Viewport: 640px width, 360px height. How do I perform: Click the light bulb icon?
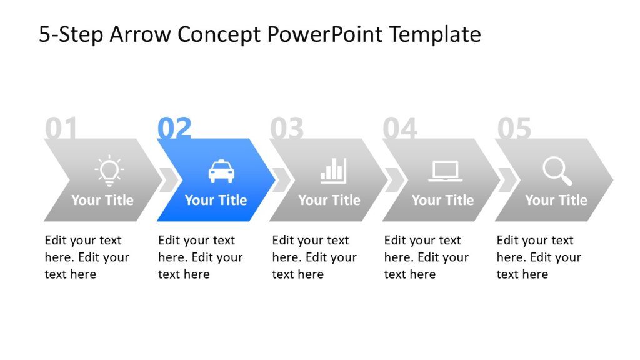tap(109, 170)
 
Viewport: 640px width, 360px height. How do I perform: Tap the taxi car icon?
tap(221, 171)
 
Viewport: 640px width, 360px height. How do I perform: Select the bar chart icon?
tap(333, 170)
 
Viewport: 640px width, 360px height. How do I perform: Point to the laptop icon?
tap(445, 171)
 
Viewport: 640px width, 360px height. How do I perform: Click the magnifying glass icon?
tap(557, 171)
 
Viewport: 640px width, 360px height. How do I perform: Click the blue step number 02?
tap(174, 129)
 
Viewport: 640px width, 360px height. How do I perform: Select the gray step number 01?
tap(61, 129)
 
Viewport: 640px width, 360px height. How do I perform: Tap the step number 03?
tap(287, 129)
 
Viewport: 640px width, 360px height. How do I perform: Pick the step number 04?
tap(400, 129)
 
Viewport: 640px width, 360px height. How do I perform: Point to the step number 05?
tap(514, 129)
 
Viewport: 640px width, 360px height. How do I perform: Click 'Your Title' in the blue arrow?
tap(216, 200)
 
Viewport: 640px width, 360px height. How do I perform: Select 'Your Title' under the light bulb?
tap(102, 200)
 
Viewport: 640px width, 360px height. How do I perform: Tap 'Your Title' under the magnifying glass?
tap(556, 200)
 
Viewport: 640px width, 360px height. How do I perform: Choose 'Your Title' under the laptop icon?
tap(442, 200)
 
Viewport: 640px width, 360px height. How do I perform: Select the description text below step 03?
tap(310, 257)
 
